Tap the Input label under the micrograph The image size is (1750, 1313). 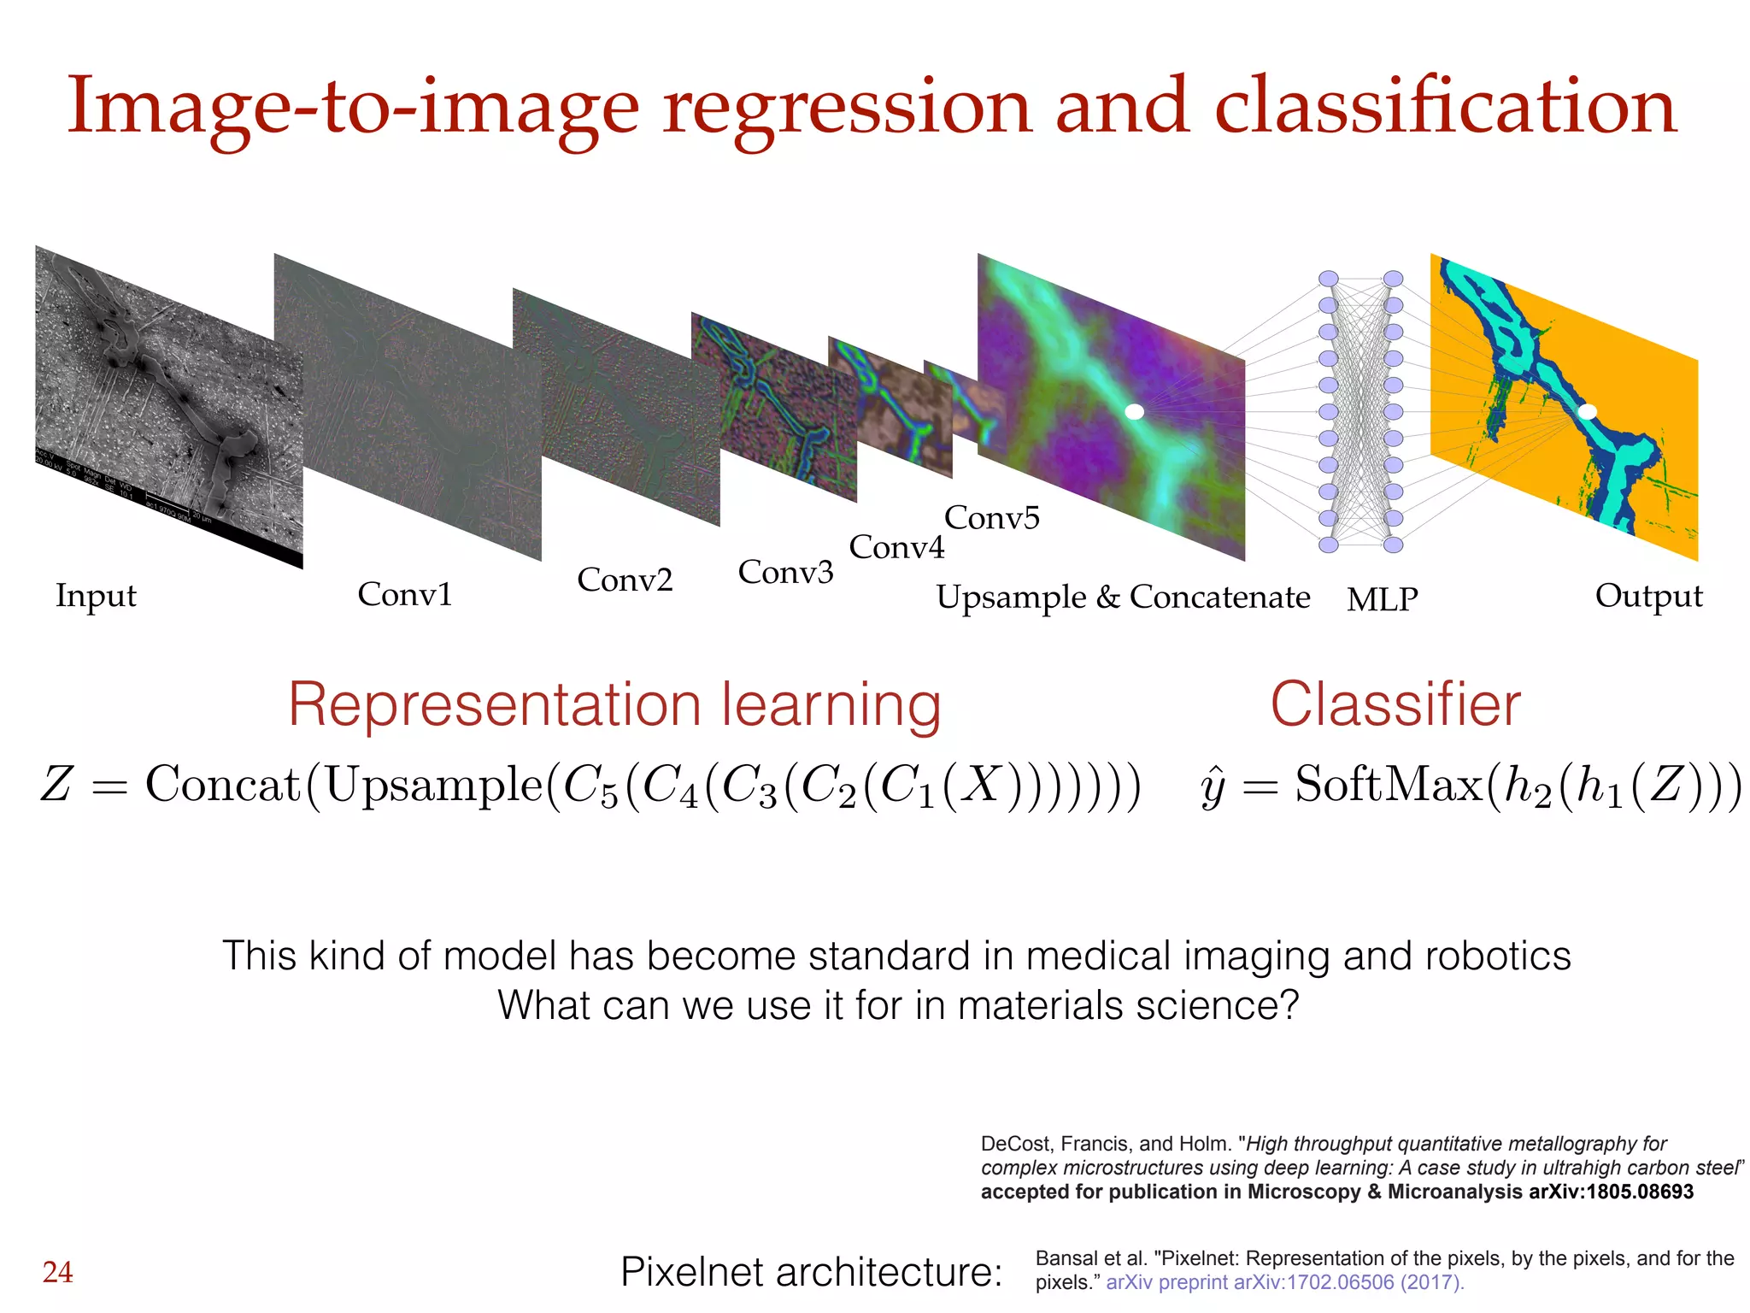coord(96,596)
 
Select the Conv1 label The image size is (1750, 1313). coord(404,594)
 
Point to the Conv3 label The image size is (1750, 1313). coord(785,572)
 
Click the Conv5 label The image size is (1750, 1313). coord(991,517)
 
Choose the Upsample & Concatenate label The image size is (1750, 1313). coord(1123,597)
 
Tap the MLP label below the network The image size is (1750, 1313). coord(1382,599)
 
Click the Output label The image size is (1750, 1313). coord(1648,596)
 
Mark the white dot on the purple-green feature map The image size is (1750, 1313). coord(1134,411)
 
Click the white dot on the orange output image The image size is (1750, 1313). coord(1587,411)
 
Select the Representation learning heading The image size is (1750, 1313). coord(614,705)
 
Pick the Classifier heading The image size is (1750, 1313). coord(1395,705)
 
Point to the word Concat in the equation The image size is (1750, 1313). coord(223,784)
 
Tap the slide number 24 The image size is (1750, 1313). coord(57,1272)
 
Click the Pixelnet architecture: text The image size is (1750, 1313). coord(811,1272)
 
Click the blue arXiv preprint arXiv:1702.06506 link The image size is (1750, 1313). coord(1284,1282)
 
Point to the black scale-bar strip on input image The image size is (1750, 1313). coord(171,513)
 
